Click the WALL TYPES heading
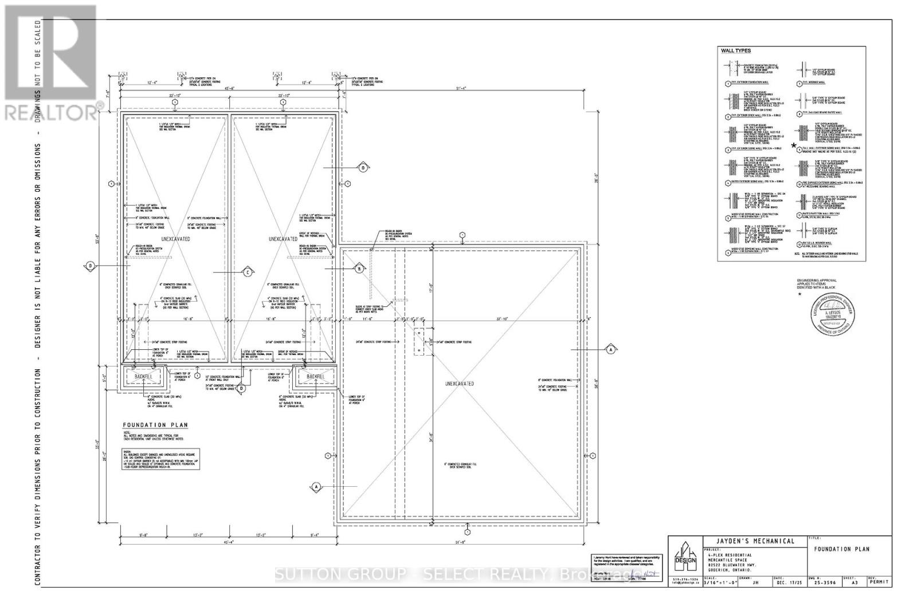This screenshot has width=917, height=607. pyautogui.click(x=735, y=51)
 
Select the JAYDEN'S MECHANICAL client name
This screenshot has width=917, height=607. pyautogui.click(x=756, y=541)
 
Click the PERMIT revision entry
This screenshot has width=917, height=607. pyautogui.click(x=880, y=582)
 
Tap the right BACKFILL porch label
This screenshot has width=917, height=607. pyautogui.click(x=315, y=377)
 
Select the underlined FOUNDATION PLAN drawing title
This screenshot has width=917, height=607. pyautogui.click(x=155, y=425)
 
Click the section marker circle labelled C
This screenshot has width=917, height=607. pyautogui.click(x=247, y=273)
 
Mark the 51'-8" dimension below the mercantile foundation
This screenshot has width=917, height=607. pyautogui.click(x=458, y=542)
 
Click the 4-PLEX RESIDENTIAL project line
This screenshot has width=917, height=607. pyautogui.click(x=729, y=555)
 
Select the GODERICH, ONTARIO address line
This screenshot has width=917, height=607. pyautogui.click(x=729, y=570)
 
